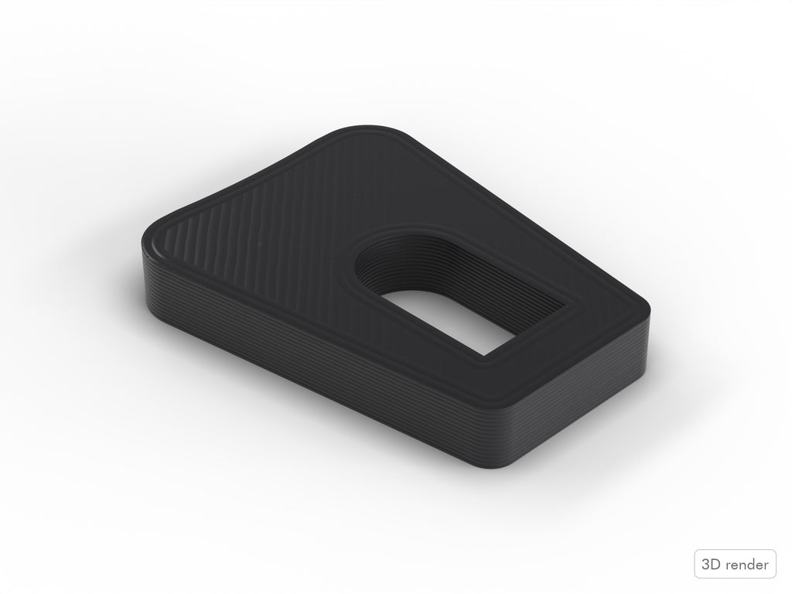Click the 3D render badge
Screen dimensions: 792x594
tap(735, 564)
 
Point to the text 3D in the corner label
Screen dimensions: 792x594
tap(710, 564)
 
